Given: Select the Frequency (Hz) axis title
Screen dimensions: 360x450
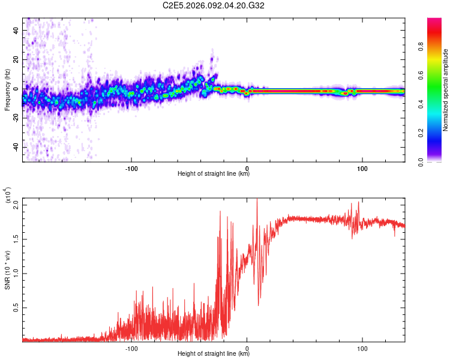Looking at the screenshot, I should (7, 90).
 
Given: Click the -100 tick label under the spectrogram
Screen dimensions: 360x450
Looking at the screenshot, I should (131, 168).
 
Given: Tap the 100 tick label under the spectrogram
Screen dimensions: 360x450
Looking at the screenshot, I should (362, 168).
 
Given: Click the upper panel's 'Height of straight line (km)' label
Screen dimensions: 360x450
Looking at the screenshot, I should (214, 174).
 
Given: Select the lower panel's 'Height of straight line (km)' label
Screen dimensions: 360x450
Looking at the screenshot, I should (214, 353).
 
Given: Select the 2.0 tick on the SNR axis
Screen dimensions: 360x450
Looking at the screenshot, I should (16, 205).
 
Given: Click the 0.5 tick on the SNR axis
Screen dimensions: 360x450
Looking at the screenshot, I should (16, 308).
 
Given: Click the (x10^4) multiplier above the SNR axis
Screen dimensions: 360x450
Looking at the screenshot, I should (7, 195).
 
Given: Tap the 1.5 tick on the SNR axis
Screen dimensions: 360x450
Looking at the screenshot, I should (16, 239).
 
